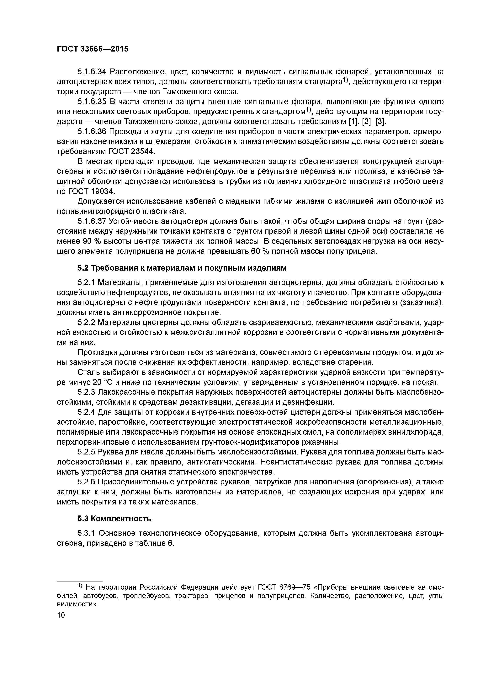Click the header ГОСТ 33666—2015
click(x=93, y=49)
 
